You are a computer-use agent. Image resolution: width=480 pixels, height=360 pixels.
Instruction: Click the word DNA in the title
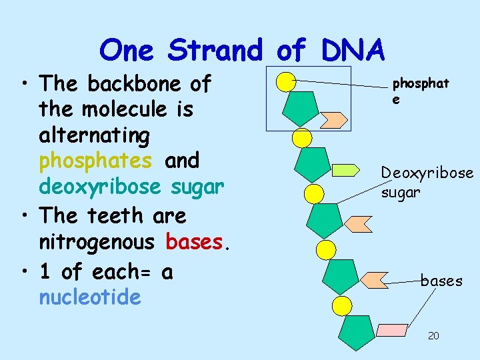(x=352, y=50)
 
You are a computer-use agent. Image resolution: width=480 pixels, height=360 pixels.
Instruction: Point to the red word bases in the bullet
(x=197, y=243)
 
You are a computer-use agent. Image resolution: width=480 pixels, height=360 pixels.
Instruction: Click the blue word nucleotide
(x=90, y=297)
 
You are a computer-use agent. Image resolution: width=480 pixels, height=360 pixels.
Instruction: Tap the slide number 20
(x=433, y=335)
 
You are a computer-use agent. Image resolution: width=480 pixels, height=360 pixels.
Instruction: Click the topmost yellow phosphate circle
(x=285, y=82)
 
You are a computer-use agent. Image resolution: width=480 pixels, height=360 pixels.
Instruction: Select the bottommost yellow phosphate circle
(x=341, y=306)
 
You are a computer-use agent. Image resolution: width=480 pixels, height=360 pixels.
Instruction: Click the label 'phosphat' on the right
(x=420, y=84)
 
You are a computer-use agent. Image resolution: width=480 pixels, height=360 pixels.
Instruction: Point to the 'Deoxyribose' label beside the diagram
(x=427, y=173)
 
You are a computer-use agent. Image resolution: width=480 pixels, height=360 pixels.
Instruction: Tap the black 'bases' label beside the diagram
(x=441, y=281)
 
